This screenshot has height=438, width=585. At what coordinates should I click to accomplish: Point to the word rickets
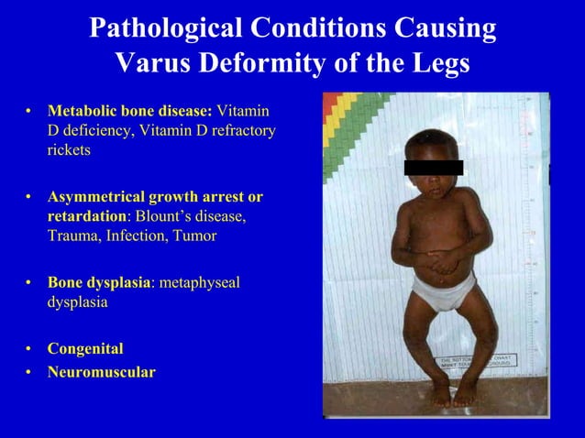click(x=69, y=150)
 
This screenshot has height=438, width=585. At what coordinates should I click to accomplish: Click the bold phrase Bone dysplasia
click(x=98, y=282)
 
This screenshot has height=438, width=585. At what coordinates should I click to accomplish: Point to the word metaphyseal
click(x=199, y=282)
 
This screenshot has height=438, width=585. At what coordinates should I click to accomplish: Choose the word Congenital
click(x=85, y=349)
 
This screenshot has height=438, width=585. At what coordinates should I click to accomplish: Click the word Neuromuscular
click(x=101, y=372)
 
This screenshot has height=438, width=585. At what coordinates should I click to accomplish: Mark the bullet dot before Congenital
click(x=28, y=349)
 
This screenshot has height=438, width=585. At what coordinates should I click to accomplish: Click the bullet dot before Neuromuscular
click(x=28, y=372)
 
